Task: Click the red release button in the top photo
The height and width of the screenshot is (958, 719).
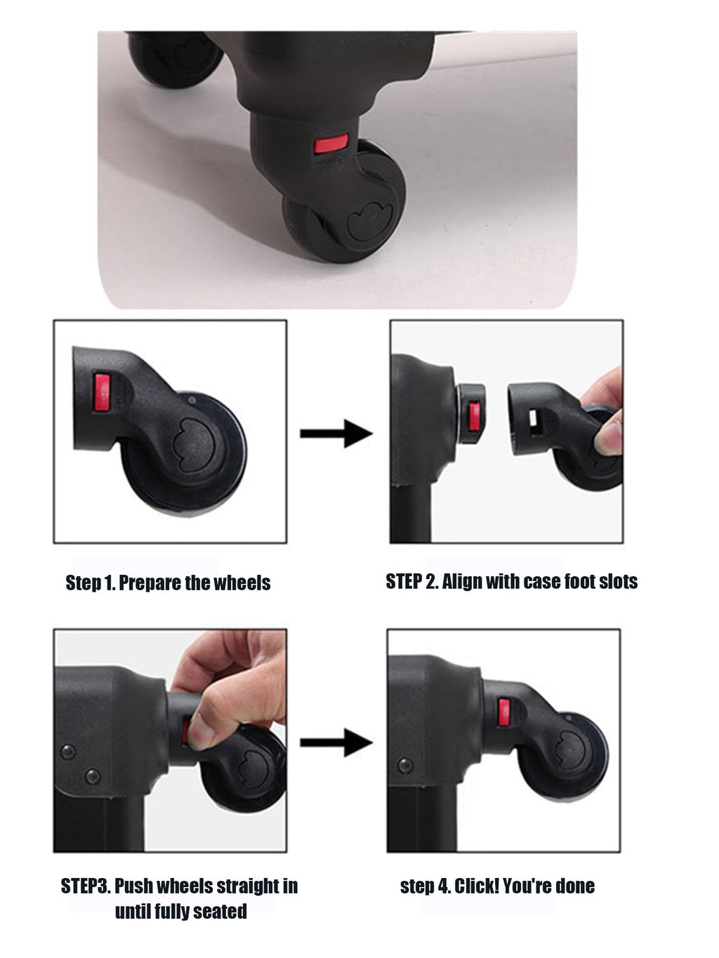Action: [331, 143]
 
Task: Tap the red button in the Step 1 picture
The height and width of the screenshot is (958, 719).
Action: [102, 392]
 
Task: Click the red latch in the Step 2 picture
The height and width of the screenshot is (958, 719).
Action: [474, 416]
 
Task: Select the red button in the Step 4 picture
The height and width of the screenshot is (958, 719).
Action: [504, 712]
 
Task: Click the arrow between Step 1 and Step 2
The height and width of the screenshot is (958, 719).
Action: [336, 434]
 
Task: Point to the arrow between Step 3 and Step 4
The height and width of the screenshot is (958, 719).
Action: [336, 743]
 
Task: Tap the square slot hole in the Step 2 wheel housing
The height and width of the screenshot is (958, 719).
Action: [534, 418]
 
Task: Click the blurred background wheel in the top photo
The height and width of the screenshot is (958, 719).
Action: [175, 58]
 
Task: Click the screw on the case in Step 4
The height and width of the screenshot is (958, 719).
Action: [404, 765]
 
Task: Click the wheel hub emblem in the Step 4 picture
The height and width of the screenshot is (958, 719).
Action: [569, 750]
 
